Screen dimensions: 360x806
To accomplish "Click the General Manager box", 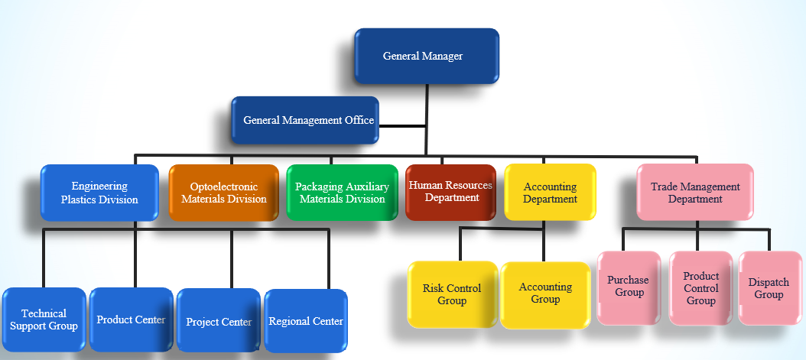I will click(427, 56).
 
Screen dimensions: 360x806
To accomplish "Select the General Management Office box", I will click(305, 120).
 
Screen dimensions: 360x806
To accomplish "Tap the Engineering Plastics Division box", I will click(99, 193).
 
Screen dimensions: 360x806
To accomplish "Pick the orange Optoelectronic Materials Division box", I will click(223, 193).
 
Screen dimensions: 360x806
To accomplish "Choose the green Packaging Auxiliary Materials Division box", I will click(342, 193).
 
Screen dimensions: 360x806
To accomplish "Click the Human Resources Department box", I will click(450, 192).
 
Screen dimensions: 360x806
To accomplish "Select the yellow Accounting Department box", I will click(550, 193).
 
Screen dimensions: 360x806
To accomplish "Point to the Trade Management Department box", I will click(694, 193).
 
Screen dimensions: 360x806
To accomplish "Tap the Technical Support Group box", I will click(44, 319).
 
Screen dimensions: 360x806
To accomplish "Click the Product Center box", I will click(131, 319).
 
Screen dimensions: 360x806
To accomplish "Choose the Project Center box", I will click(219, 321).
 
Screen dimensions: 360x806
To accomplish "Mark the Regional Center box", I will click(306, 321).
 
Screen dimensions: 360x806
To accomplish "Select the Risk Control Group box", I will click(452, 294).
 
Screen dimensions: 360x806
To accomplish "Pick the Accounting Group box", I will click(545, 294).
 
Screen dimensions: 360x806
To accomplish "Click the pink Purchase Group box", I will click(628, 287).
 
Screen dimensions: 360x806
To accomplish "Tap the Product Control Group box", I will click(700, 288).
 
